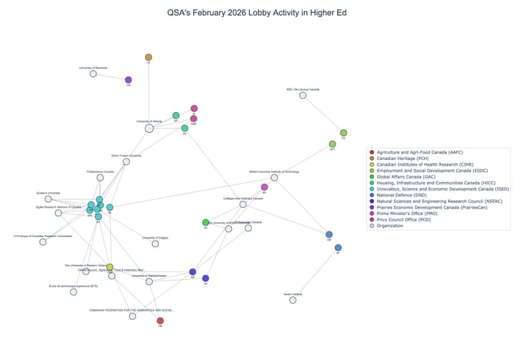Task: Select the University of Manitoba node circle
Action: pos(93,74)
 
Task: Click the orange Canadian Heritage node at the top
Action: pos(148,57)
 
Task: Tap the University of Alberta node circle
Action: pos(149,128)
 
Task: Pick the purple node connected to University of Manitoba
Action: pos(128,80)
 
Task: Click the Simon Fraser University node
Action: pos(126,161)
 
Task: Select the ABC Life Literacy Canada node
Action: pos(303,95)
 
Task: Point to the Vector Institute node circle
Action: pos(293,300)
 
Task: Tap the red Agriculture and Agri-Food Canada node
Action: pos(160,321)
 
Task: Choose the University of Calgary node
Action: pos(155,244)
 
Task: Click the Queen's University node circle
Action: pos(49,199)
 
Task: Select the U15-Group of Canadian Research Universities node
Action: pos(43,242)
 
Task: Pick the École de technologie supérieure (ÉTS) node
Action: pos(74,291)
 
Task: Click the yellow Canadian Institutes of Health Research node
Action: pos(109,266)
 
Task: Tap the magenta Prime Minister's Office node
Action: pos(264,187)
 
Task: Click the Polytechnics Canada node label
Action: pos(100,171)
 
